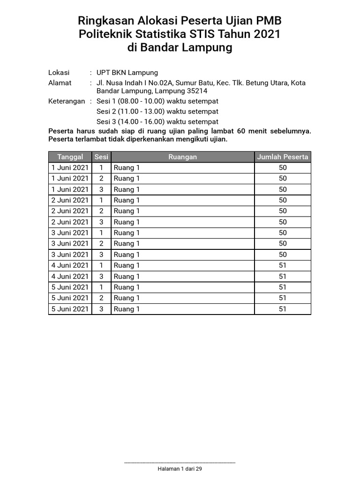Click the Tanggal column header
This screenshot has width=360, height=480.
70,157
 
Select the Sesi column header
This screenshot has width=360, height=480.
101,157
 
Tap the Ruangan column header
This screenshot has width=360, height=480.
183,157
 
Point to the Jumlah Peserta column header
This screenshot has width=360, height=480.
283,157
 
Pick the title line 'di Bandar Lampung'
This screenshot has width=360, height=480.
180,48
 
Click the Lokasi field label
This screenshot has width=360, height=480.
59,73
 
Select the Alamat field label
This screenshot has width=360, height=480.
60,83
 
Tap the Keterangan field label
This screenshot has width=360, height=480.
67,101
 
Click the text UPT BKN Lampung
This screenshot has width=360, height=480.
127,73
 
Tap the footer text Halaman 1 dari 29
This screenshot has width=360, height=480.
180,469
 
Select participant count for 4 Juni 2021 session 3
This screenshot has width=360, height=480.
283,277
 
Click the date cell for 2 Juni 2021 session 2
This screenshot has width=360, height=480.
70,211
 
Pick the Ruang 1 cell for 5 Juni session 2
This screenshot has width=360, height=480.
183,298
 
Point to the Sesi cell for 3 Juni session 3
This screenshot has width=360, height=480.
101,255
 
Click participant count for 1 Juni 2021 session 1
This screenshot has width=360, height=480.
283,168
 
